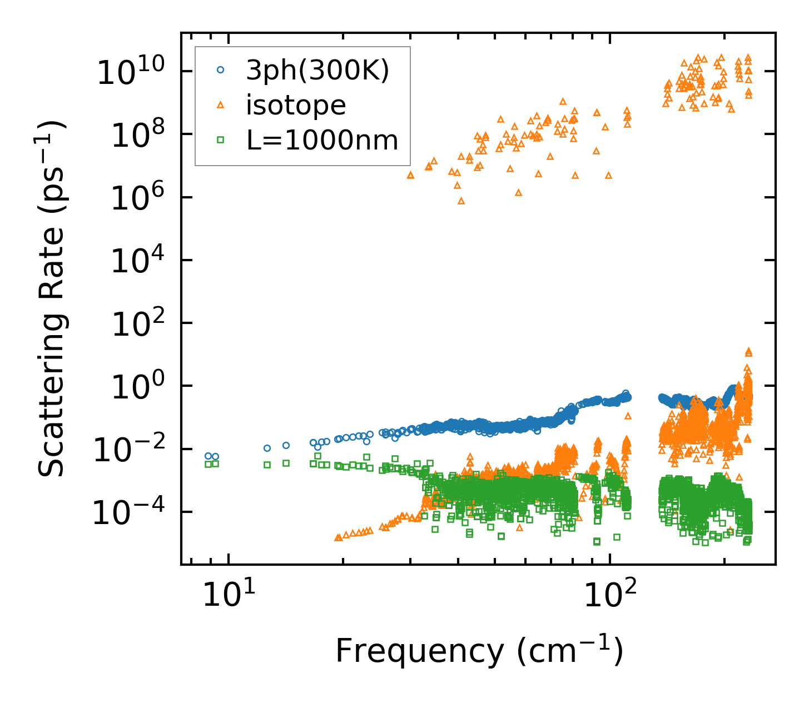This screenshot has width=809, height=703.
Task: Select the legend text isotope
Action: pos(296,104)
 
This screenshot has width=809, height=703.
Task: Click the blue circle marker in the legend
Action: pos(221,70)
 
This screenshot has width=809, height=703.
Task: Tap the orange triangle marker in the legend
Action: pos(221,104)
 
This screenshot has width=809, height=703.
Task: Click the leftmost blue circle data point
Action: pos(208,456)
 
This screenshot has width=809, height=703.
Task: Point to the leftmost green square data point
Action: pos(208,464)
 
